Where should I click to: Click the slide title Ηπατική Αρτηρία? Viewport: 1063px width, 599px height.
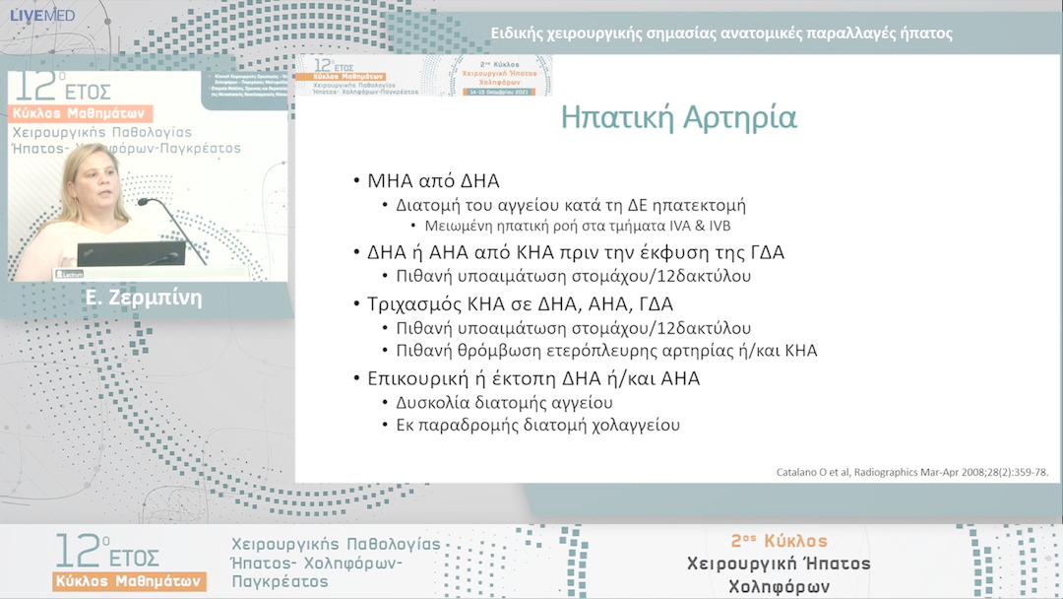[x=678, y=118]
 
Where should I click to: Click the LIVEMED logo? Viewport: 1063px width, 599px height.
[x=41, y=15]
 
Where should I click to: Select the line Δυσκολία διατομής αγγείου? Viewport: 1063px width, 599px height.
[x=504, y=402]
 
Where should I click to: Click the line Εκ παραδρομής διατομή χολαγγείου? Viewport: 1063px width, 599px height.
[x=537, y=426]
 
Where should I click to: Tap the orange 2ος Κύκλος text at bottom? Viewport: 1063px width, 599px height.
[x=779, y=542]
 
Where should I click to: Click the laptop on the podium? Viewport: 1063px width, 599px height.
[x=131, y=253]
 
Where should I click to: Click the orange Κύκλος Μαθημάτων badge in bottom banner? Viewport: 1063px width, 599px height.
[x=130, y=581]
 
